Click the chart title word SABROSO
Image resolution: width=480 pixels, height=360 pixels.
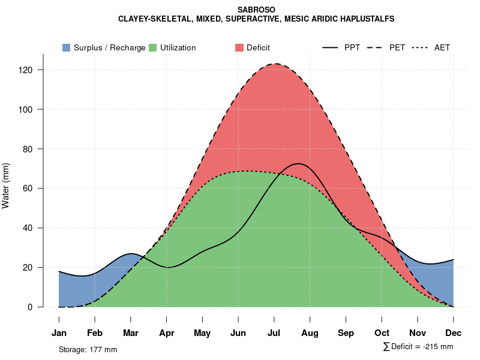tap(256, 10)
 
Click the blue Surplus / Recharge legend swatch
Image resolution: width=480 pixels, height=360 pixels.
tap(66, 48)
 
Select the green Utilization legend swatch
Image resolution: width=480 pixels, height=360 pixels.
tap(152, 48)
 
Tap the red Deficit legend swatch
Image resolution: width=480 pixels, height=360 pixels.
tap(239, 48)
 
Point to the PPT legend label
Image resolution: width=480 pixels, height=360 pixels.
tap(352, 48)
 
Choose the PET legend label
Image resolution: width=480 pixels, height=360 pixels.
tap(397, 48)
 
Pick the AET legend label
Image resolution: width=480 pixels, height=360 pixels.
tap(442, 48)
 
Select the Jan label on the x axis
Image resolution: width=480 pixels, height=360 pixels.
tap(59, 333)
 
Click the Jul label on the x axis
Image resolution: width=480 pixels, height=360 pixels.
tap(274, 333)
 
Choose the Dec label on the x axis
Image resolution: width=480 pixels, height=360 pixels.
tap(454, 333)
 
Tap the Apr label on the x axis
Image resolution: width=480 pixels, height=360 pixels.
tap(167, 333)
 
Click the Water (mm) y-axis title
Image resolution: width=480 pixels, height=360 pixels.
tap(6, 186)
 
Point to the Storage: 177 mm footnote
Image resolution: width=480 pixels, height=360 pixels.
tap(88, 349)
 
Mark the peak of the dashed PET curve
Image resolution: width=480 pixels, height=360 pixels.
tap(275, 64)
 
